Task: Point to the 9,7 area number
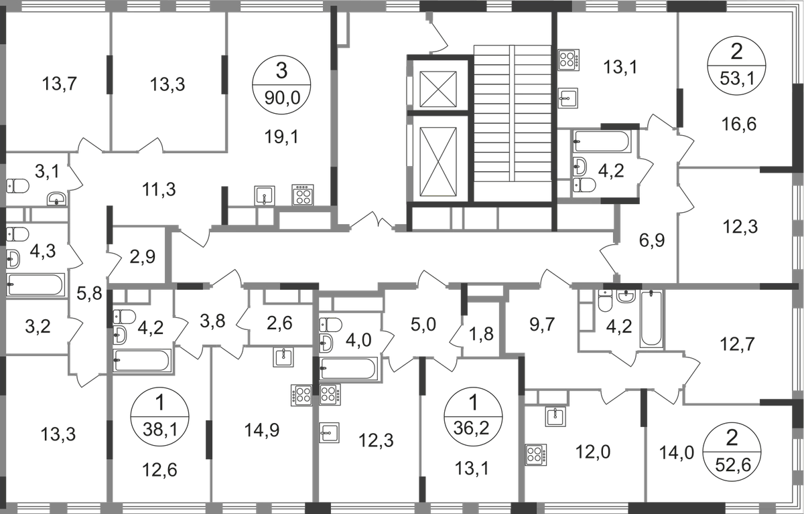[523, 326]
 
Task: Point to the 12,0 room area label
[583, 452]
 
